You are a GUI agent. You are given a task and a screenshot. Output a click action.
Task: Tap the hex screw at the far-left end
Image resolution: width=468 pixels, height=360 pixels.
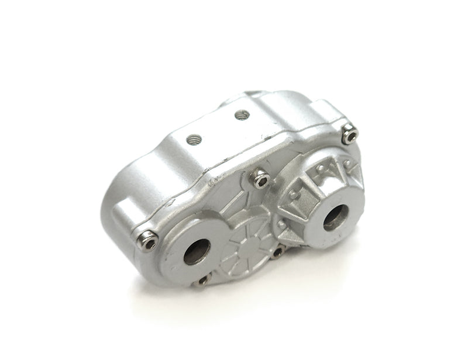click(x=150, y=240)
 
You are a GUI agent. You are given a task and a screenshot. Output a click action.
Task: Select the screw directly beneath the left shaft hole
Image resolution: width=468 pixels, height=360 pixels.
click(x=203, y=281)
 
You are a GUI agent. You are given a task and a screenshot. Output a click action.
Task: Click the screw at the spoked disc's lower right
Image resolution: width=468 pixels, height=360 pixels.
click(x=277, y=252)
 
